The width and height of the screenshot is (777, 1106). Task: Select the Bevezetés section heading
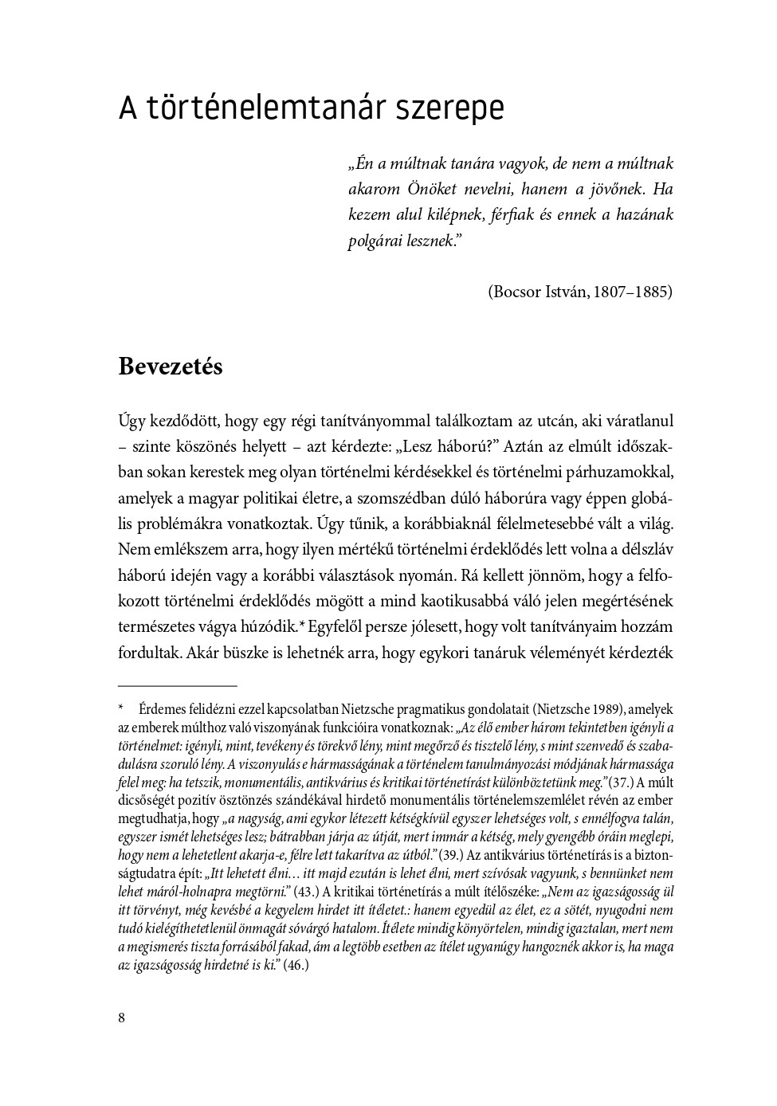(x=171, y=367)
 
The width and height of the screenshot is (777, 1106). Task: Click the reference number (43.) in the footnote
(x=305, y=892)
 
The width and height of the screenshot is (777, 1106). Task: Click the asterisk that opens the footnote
(x=121, y=709)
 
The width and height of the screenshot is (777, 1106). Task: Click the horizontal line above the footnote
(x=177, y=685)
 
